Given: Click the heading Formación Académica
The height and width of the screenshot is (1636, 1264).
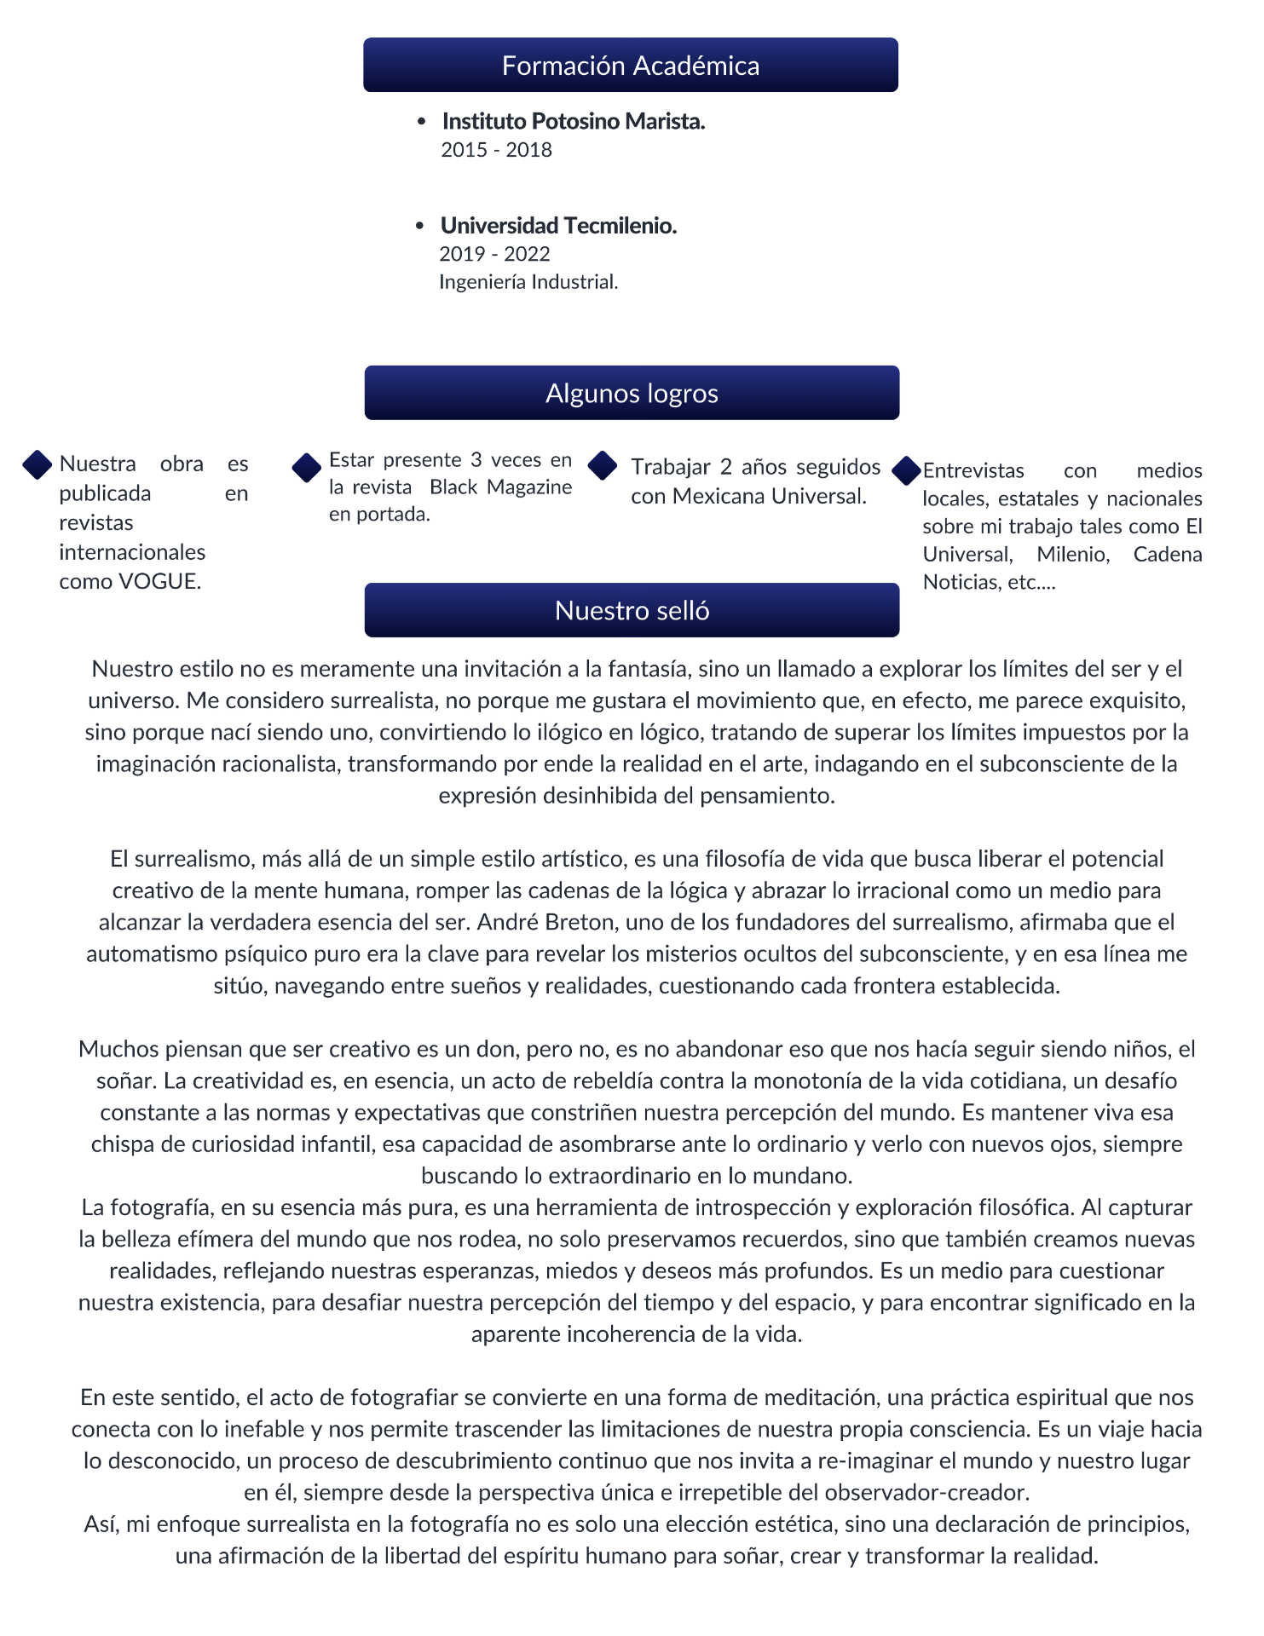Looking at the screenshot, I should click(x=630, y=66).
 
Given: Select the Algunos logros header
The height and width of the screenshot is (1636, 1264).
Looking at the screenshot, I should click(x=632, y=393).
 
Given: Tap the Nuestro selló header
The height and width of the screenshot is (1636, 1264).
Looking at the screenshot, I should click(x=632, y=610).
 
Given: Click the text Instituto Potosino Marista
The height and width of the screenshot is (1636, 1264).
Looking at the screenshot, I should click(x=573, y=122).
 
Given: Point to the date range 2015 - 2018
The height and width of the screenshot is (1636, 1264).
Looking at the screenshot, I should click(x=496, y=150).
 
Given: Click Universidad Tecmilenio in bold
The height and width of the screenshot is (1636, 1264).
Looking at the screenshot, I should click(x=558, y=226).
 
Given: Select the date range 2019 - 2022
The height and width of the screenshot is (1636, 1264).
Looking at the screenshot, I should click(x=494, y=254).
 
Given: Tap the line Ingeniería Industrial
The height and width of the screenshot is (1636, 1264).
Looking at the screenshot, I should click(x=528, y=282).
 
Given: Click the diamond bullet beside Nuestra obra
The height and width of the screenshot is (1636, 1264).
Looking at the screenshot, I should click(x=38, y=464).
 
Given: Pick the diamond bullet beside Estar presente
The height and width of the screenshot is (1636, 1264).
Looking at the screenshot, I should click(x=306, y=468).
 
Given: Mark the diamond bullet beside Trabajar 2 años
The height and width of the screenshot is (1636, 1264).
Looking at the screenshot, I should click(x=603, y=465).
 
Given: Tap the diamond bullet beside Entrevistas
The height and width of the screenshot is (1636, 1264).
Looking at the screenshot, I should click(x=907, y=471).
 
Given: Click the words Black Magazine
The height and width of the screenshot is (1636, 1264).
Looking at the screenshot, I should click(x=500, y=487).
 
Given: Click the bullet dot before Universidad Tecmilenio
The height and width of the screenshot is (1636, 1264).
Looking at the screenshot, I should click(x=419, y=226).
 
